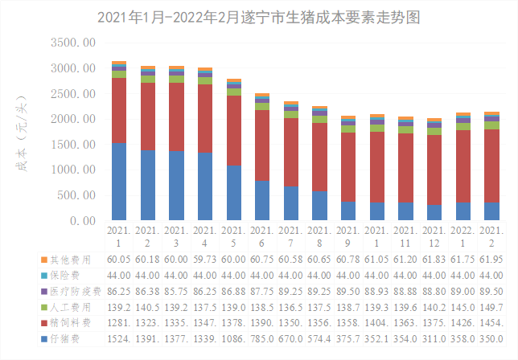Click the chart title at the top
point(259,16)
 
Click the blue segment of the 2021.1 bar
point(119,181)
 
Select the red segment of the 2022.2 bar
point(491,166)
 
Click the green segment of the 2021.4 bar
point(205,80)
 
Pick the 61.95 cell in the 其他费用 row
point(491,260)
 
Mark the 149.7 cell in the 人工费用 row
point(491,307)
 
